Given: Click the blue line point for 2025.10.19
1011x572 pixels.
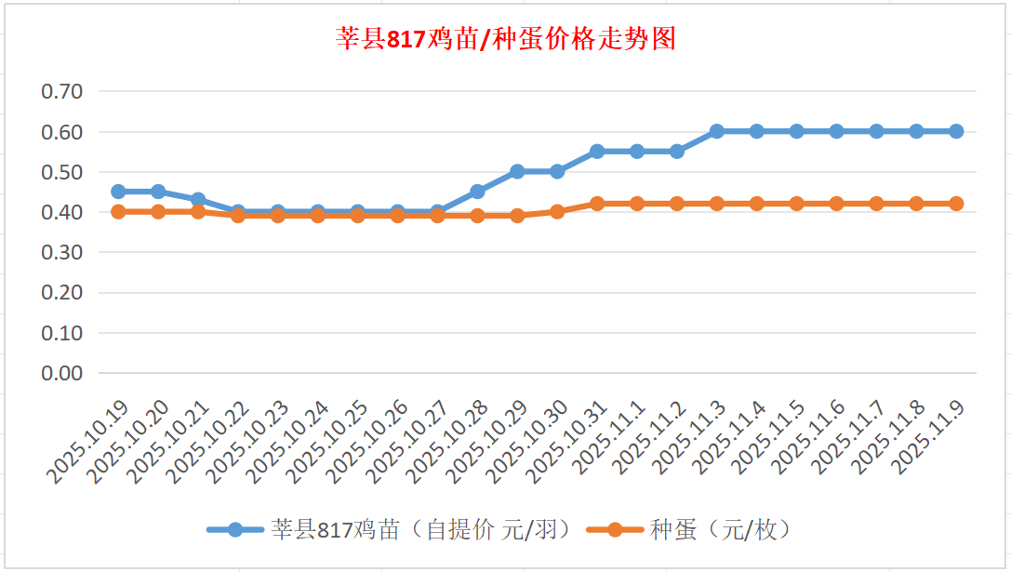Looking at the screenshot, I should point(118,192).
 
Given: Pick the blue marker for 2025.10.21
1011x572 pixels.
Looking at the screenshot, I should point(198,199).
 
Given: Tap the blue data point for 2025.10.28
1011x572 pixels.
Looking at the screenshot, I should point(477,192).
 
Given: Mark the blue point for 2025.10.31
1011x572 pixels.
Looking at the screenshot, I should point(597,152).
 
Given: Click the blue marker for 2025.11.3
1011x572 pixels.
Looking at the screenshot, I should point(717,131).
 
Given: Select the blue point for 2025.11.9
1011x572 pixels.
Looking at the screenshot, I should point(956,131).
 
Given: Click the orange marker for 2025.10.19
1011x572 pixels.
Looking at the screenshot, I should point(118,212).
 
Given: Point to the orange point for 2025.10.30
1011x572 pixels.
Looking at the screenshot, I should point(557,212).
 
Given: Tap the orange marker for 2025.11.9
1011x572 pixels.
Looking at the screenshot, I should point(956,204).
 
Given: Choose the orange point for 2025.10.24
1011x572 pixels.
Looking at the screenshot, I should point(318,216).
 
